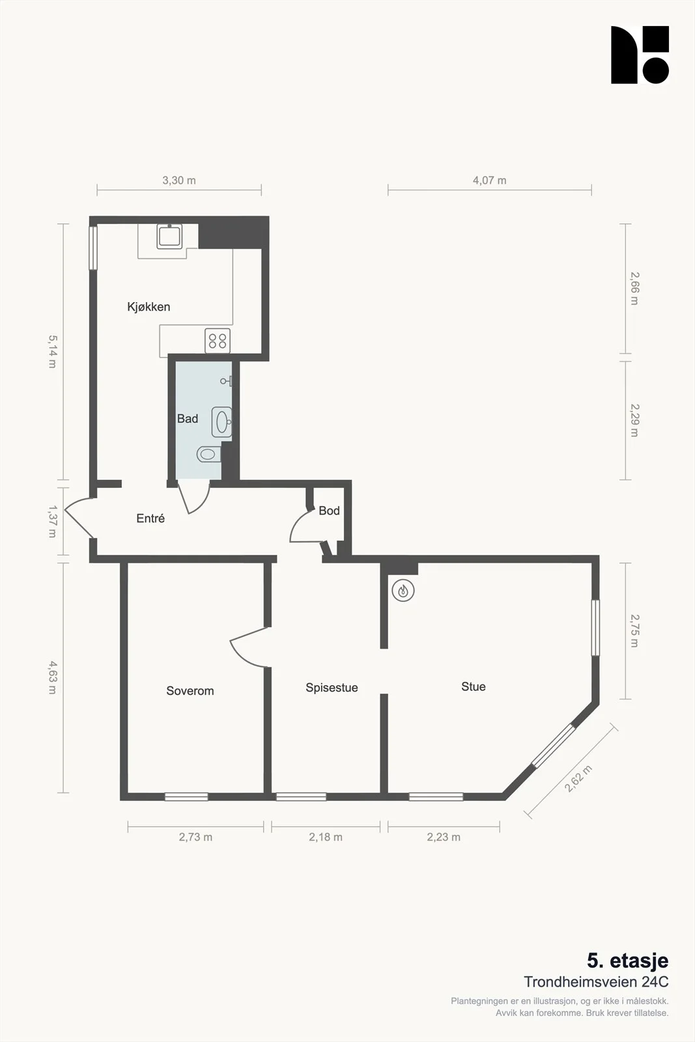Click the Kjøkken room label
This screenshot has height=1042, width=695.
[x=149, y=307]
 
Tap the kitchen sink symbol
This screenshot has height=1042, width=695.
[x=169, y=236]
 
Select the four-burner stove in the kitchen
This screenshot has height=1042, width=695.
[x=218, y=341]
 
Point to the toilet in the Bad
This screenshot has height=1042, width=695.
[x=209, y=453]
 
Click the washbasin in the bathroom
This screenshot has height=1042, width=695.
[x=222, y=422]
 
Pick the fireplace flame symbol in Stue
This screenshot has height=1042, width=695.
[x=403, y=591]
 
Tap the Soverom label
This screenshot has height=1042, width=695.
[x=190, y=691]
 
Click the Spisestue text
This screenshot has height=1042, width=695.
[x=332, y=688]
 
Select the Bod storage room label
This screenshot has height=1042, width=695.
[x=329, y=511]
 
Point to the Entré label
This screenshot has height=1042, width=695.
[x=150, y=518]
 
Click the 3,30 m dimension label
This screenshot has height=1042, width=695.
[x=179, y=180]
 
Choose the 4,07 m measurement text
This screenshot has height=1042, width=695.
[x=489, y=180]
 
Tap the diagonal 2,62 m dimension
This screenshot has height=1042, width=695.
[x=578, y=778]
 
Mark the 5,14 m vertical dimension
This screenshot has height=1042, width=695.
[x=52, y=352]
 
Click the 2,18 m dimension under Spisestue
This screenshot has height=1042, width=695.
[x=326, y=838]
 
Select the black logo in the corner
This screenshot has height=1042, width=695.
[x=640, y=55]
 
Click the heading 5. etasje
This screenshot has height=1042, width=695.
[x=627, y=960]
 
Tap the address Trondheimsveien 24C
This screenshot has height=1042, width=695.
[x=596, y=982]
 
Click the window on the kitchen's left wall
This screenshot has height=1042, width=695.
[x=93, y=247]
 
